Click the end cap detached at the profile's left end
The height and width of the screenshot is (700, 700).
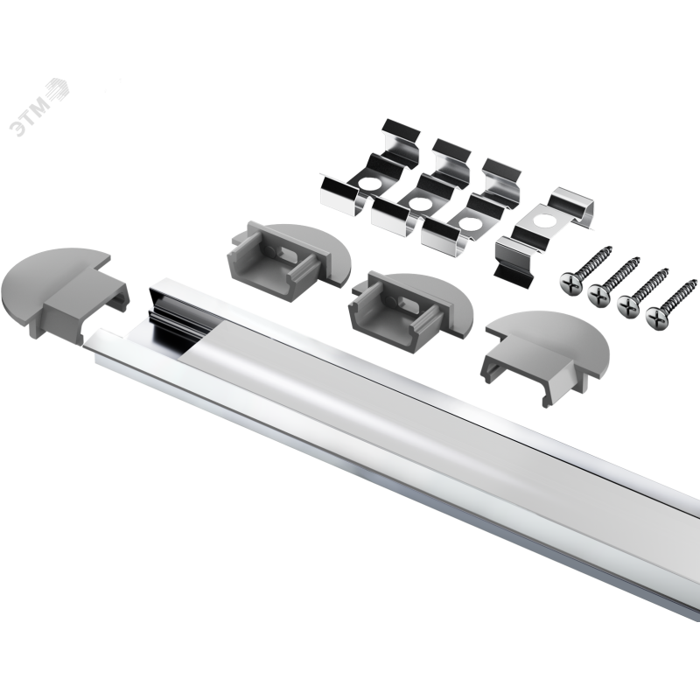65,293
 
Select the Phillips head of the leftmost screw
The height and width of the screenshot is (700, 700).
570,283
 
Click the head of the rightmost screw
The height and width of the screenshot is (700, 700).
657,318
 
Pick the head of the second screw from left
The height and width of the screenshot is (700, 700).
599,295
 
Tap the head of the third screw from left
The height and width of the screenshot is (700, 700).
628,306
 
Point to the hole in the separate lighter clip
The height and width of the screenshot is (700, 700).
543,220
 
